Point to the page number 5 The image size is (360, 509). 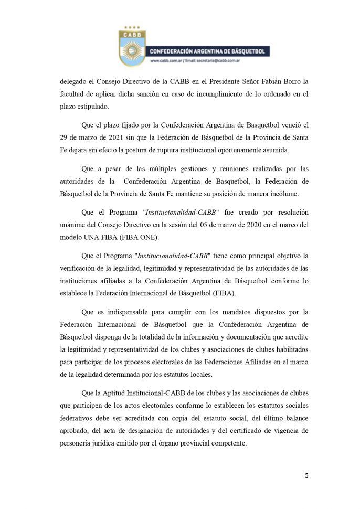tap(306, 476)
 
